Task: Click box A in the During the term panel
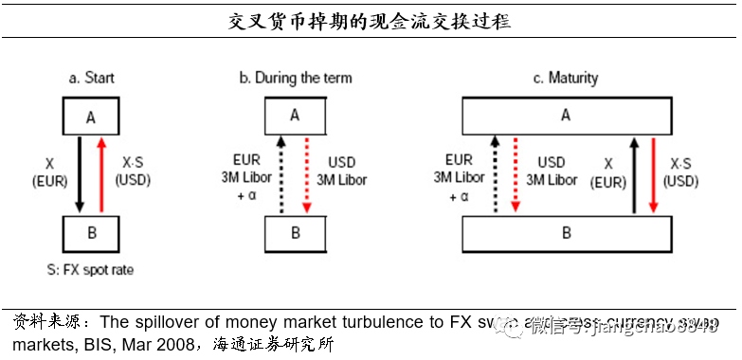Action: (295, 115)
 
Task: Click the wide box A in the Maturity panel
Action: (567, 115)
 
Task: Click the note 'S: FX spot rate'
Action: (89, 270)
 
